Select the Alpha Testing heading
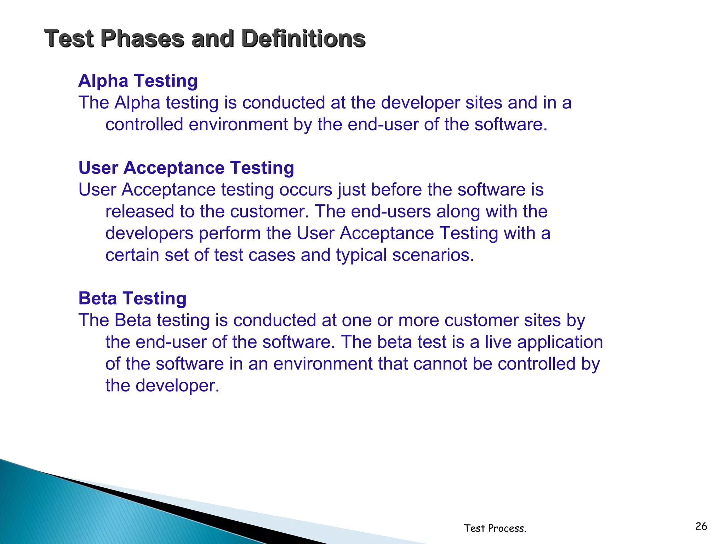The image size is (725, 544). (x=138, y=81)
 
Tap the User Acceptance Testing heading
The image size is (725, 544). (x=186, y=168)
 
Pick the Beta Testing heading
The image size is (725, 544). (x=132, y=298)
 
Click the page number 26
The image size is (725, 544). (x=701, y=526)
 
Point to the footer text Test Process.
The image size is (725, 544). (x=495, y=528)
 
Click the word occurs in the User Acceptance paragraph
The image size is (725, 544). (x=306, y=190)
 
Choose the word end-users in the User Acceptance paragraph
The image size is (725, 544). (x=390, y=212)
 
